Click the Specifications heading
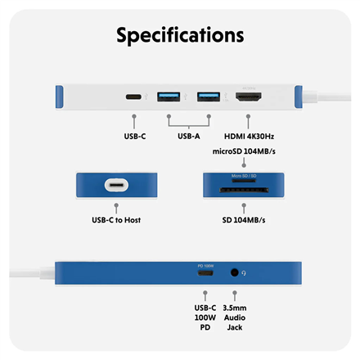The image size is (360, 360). pos(180,35)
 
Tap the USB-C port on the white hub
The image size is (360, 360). pos(133,97)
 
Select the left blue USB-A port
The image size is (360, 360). pos(169,97)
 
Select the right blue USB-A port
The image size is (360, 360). pos(209,97)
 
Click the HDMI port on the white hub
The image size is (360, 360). pos(248,97)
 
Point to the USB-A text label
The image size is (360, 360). pos(188,136)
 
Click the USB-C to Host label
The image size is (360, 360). pos(115,220)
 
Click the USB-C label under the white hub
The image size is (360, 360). pos(133,136)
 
